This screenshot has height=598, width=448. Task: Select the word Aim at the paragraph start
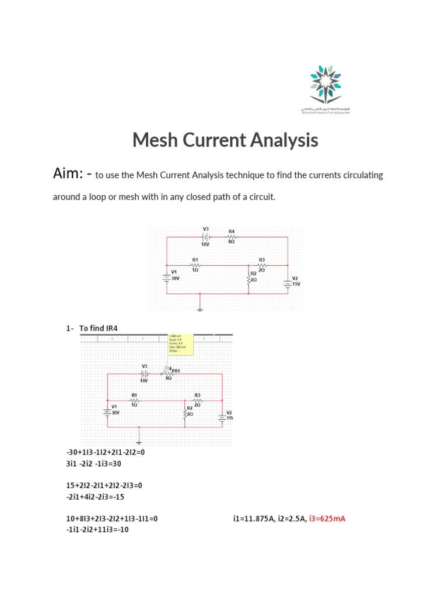pos(66,174)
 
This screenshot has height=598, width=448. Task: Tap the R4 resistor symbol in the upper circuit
pos(232,237)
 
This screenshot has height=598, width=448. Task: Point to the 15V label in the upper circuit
pos(295,283)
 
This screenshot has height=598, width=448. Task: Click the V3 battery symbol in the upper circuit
pos(205,237)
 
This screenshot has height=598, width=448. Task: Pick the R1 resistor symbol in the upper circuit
pos(195,265)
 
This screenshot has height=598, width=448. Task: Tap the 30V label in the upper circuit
pos(174,279)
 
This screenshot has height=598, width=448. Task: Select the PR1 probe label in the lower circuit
pos(175,371)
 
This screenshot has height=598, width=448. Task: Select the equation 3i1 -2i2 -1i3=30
pos(94,463)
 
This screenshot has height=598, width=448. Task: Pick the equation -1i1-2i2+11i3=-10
pos(98,530)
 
